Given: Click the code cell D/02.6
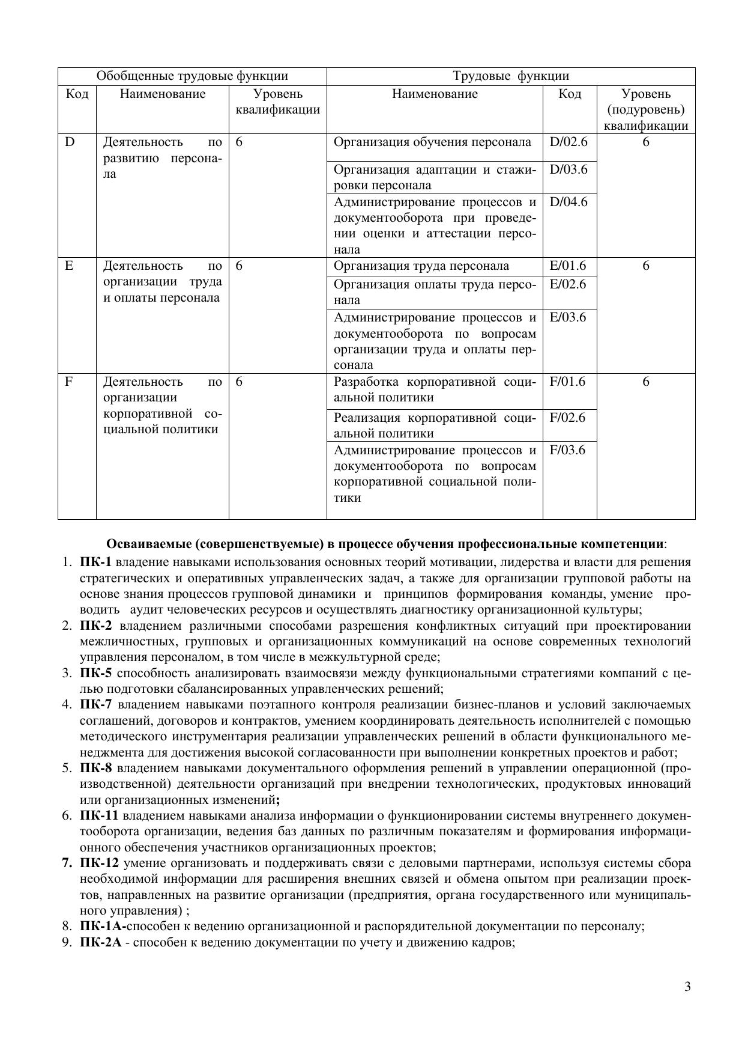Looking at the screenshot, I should tap(569, 142).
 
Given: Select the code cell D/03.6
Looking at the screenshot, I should tap(569, 169).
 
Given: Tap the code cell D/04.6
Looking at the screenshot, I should tap(569, 202).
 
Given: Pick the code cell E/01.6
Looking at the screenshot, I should tap(568, 266).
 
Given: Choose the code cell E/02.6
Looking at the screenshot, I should tap(568, 284).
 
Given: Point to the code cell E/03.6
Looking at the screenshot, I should tap(568, 317).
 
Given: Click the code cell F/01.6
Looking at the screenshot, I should tap(567, 382).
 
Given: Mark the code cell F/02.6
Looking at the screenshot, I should tap(567, 418).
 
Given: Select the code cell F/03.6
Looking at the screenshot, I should tap(567, 450).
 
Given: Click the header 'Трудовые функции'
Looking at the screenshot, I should tap(511, 76).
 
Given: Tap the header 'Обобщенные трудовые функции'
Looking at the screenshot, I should tap(192, 76).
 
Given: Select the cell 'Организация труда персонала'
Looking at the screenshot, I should tap(421, 266).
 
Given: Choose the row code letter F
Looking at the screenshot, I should tap(69, 382).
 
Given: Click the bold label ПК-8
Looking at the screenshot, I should tap(96, 768).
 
